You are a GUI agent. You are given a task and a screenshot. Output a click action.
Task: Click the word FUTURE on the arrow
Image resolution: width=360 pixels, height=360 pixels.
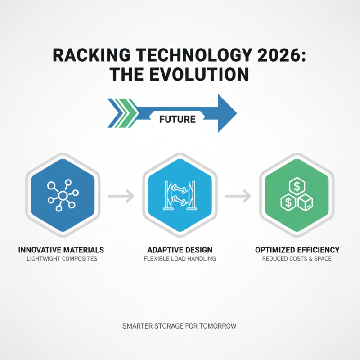pos(177,119)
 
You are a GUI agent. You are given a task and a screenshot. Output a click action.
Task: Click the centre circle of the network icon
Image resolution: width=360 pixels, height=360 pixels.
pos(63,195)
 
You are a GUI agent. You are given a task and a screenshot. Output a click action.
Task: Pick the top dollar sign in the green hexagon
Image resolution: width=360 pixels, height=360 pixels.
pos(297,184)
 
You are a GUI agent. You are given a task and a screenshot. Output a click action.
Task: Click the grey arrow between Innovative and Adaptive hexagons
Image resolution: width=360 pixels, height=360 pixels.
pos(121,196)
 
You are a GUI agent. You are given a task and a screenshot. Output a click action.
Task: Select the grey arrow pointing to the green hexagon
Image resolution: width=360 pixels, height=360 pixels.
pos(238,196)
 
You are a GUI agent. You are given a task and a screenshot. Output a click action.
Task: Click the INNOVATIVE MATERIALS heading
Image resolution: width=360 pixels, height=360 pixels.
pos(61,250)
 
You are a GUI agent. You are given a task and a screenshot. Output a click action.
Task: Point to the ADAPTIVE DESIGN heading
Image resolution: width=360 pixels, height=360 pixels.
pos(180,250)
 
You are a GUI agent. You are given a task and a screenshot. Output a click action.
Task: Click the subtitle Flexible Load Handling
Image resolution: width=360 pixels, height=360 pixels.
pos(180,259)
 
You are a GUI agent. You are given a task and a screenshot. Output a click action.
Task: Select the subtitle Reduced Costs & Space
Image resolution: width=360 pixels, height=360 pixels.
pos(297,259)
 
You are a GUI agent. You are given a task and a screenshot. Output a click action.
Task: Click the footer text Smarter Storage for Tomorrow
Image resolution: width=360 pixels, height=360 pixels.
pos(179,326)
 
